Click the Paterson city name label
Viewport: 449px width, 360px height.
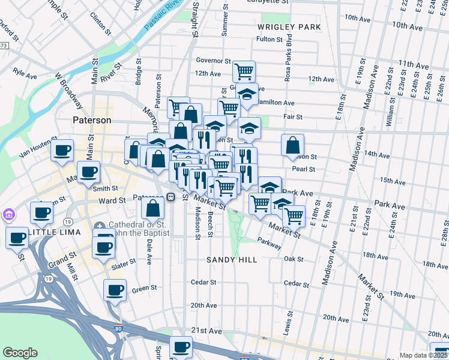click(x=92, y=120)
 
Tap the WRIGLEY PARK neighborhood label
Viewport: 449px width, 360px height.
click(x=289, y=27)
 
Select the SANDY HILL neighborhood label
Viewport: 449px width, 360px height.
click(x=232, y=260)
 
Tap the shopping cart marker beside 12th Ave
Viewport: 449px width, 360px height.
click(x=244, y=71)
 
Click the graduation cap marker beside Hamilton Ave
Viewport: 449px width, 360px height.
click(x=246, y=93)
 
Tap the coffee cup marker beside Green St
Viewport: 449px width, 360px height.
click(x=115, y=290)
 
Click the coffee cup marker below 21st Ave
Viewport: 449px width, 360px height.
click(x=181, y=346)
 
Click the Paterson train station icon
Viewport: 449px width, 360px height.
click(x=171, y=197)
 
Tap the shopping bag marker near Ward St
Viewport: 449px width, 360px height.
click(x=153, y=208)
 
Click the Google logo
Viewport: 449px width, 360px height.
click(x=20, y=353)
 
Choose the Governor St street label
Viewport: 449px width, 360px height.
click(x=213, y=61)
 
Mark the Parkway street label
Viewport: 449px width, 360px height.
click(x=269, y=245)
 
